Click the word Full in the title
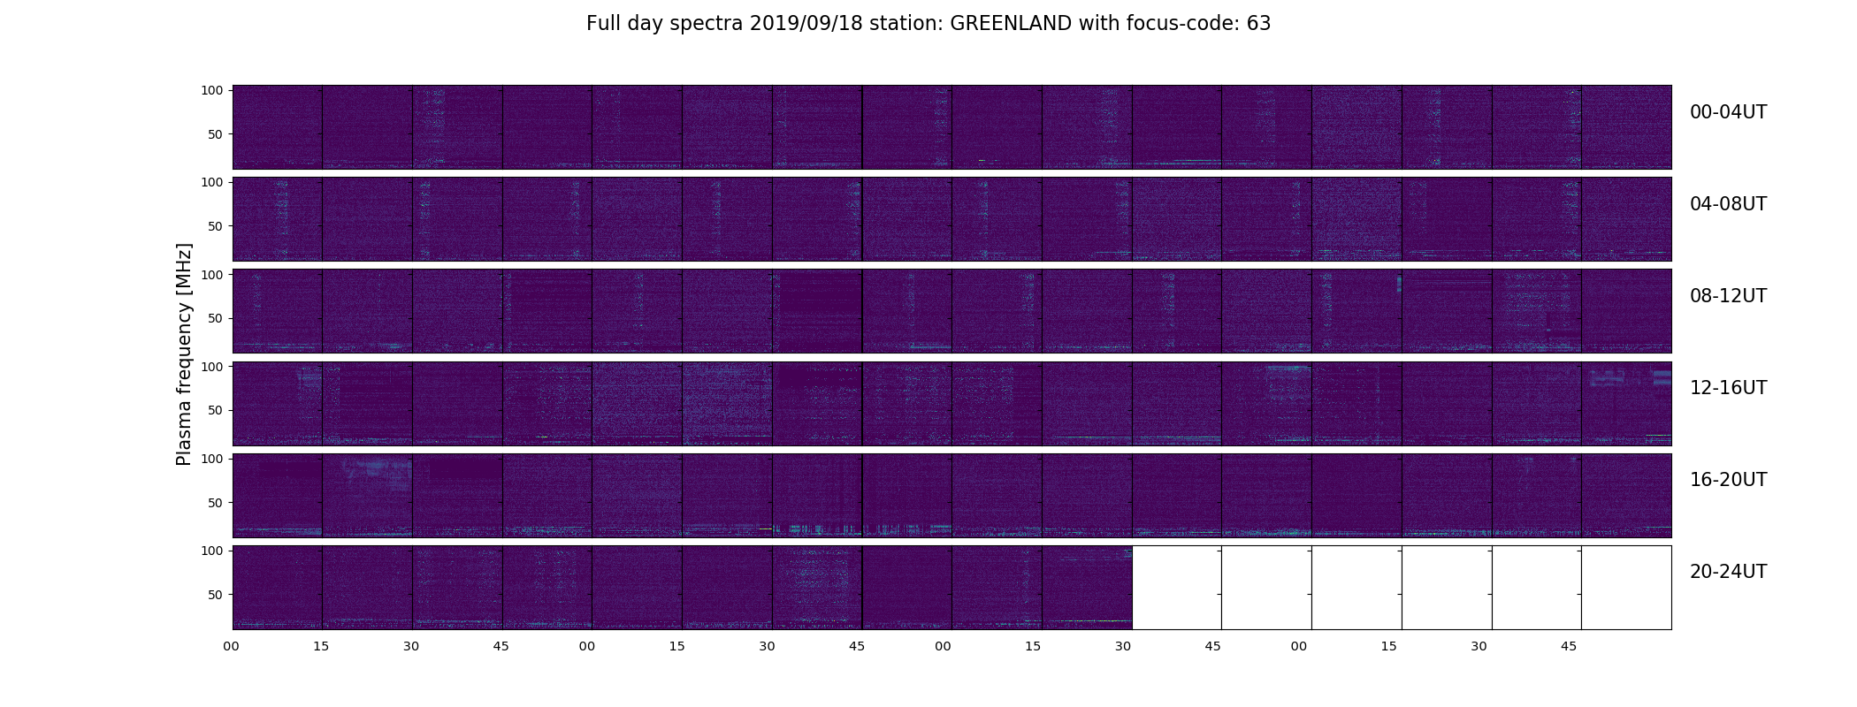[x=600, y=24]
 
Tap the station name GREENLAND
[x=1011, y=24]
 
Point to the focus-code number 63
[x=1259, y=24]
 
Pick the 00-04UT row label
[x=1728, y=112]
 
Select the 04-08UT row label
[x=1728, y=204]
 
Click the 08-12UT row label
[x=1728, y=296]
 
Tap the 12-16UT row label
[x=1728, y=388]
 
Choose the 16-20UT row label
[x=1728, y=480]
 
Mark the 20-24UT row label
[x=1728, y=572]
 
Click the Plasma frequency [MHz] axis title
[x=184, y=354]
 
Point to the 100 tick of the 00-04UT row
[x=212, y=90]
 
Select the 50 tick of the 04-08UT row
[x=216, y=226]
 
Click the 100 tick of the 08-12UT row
[x=212, y=275]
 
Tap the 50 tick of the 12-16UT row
[x=216, y=410]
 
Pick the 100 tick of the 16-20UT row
[x=212, y=459]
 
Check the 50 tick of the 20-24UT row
[x=216, y=595]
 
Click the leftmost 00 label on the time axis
[x=231, y=646]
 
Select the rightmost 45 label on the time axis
[x=1569, y=646]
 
